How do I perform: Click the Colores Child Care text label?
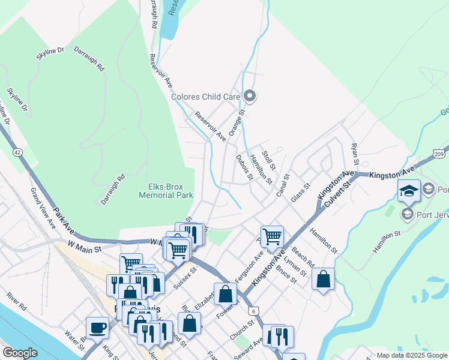pos(205,97)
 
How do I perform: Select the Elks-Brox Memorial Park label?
pos(166,191)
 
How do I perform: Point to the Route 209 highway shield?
pos(441,155)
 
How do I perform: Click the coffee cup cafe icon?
pos(97,328)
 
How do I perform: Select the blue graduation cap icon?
pos(409,191)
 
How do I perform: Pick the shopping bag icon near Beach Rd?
pos(323,278)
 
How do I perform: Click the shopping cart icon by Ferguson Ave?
pos(272,236)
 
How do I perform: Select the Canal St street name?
pos(283,186)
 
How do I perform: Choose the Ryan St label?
pos(355,154)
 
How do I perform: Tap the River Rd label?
pos(17,301)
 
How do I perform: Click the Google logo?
pos(20,352)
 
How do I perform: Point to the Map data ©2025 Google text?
pos(411,355)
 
